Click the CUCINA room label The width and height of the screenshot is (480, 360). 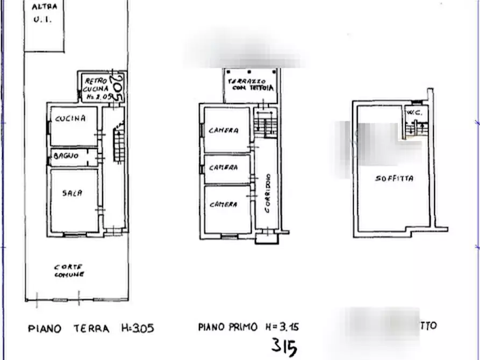click(x=70, y=119)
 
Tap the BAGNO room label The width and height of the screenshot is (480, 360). click(x=66, y=156)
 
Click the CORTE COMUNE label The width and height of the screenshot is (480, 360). click(x=69, y=270)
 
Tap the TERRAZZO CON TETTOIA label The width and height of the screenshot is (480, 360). click(x=250, y=84)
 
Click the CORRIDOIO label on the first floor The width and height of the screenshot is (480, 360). click(x=267, y=192)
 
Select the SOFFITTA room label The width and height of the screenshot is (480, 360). click(x=395, y=178)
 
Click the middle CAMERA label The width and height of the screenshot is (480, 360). click(x=223, y=168)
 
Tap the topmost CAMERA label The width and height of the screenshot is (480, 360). click(x=223, y=131)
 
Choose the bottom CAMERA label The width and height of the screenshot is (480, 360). click(x=223, y=204)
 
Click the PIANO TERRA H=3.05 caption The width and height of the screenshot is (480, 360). click(x=91, y=328)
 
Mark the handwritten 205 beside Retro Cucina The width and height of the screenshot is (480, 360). click(x=116, y=85)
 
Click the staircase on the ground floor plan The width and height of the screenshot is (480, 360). click(x=118, y=142)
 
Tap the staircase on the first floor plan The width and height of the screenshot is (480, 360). click(x=266, y=125)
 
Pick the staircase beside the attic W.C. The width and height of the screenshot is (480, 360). click(x=415, y=129)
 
